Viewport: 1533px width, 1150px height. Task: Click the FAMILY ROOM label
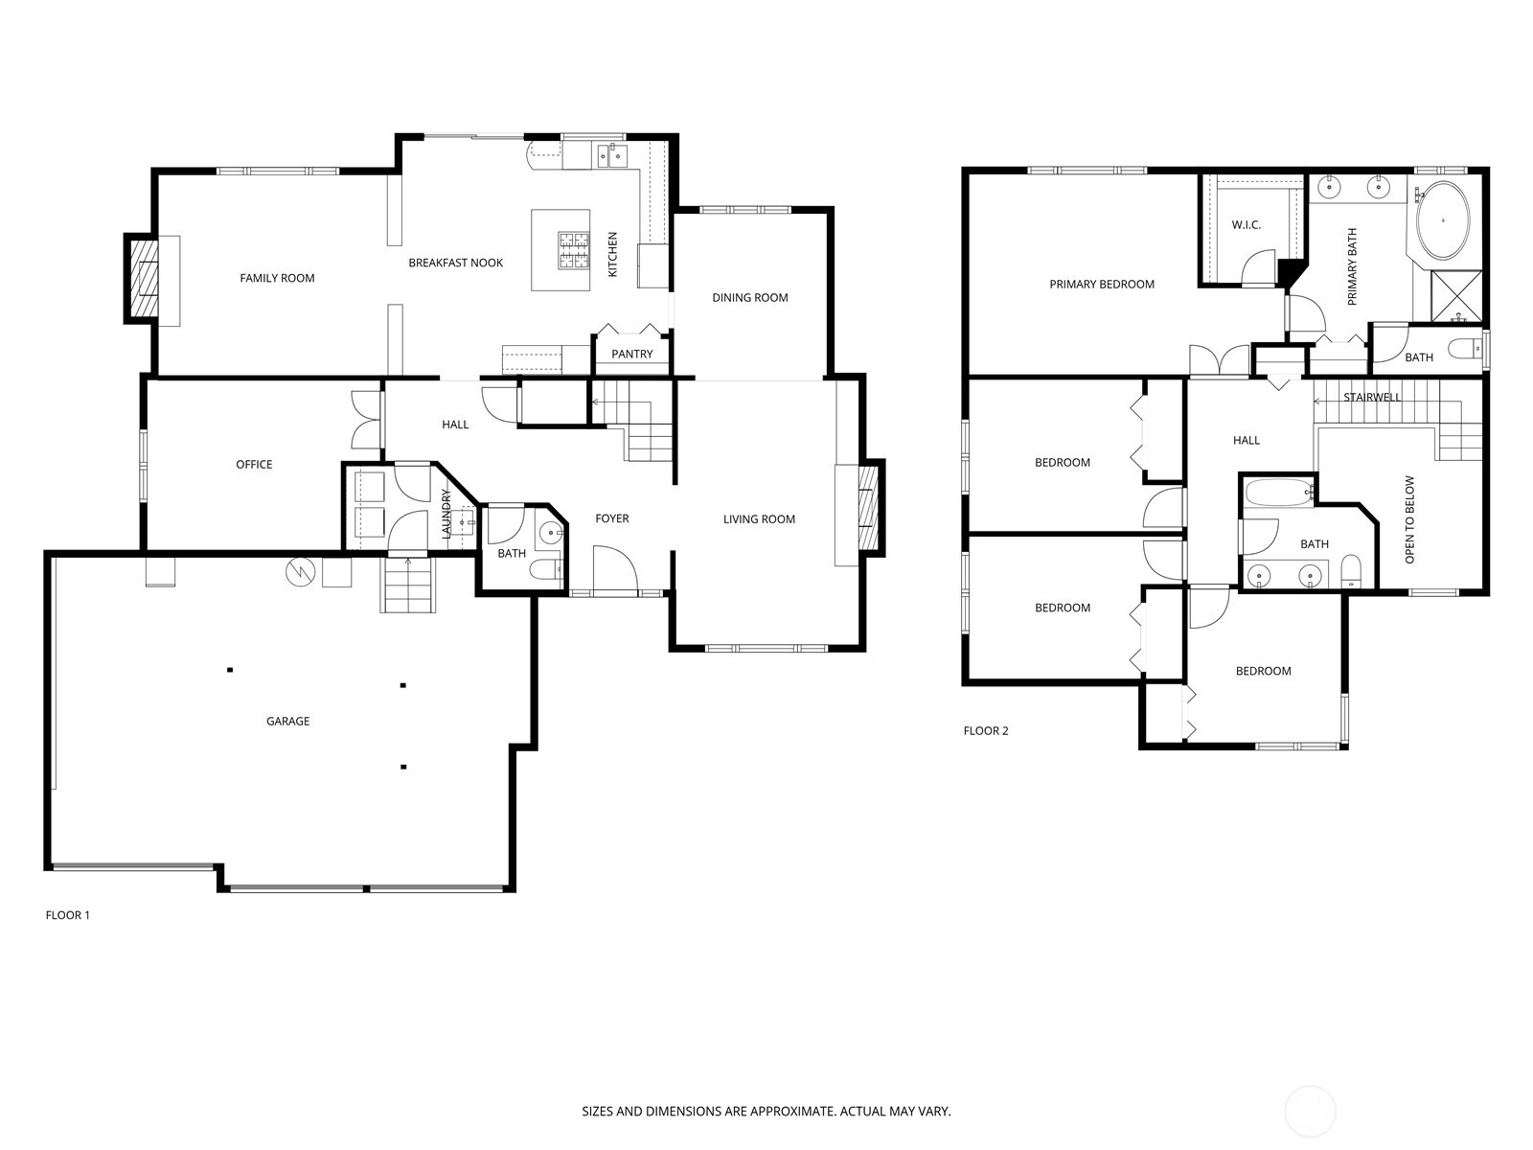pos(277,278)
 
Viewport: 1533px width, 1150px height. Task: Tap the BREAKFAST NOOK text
pos(455,263)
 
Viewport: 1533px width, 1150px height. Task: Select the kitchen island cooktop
pos(573,251)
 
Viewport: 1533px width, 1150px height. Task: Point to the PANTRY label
pos(632,354)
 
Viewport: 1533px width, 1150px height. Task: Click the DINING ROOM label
pos(750,297)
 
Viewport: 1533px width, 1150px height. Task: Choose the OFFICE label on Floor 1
pos(254,465)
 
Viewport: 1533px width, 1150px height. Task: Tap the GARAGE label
pos(287,722)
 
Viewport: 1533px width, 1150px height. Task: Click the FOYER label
pos(612,518)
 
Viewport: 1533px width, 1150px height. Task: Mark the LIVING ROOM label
pos(759,518)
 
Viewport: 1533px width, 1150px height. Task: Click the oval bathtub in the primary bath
pos(1443,220)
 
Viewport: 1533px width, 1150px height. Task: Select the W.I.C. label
pos(1247,225)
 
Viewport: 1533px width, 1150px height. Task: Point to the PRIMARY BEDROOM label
pos(1102,285)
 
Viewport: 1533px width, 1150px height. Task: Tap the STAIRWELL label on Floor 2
pos(1372,398)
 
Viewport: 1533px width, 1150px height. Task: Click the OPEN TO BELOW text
pos(1409,519)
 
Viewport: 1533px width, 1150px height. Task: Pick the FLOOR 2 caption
pos(986,731)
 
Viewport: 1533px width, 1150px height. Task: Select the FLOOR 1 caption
pos(68,915)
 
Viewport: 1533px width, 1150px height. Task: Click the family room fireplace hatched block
pos(146,278)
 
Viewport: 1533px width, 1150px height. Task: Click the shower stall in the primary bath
pos(1456,296)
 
